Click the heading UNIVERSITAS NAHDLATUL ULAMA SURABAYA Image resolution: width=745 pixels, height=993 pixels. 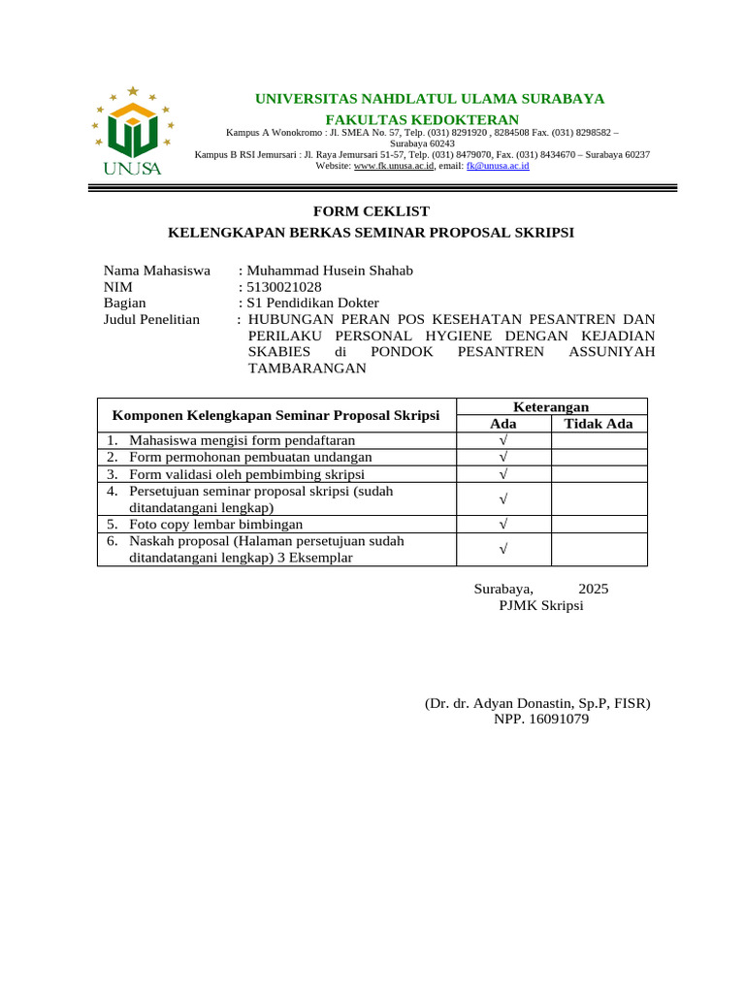429,99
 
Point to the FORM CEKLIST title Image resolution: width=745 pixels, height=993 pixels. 371,211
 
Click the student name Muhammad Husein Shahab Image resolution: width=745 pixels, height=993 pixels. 330,271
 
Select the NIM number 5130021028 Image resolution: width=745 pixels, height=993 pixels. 285,287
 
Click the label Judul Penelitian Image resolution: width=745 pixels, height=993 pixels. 151,320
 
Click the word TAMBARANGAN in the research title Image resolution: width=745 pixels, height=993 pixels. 308,368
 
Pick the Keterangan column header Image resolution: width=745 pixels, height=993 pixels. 551,407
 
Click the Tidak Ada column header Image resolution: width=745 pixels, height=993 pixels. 599,424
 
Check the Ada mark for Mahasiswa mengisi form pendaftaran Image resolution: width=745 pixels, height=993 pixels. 503,441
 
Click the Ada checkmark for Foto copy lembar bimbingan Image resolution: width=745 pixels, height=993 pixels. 503,525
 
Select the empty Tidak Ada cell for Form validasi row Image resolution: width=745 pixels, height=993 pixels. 599,474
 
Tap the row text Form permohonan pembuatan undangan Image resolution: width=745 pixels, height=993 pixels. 250,458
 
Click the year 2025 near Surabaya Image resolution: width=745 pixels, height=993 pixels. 594,589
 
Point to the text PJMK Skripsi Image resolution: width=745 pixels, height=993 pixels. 540,606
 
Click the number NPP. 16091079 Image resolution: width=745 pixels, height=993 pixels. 540,720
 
